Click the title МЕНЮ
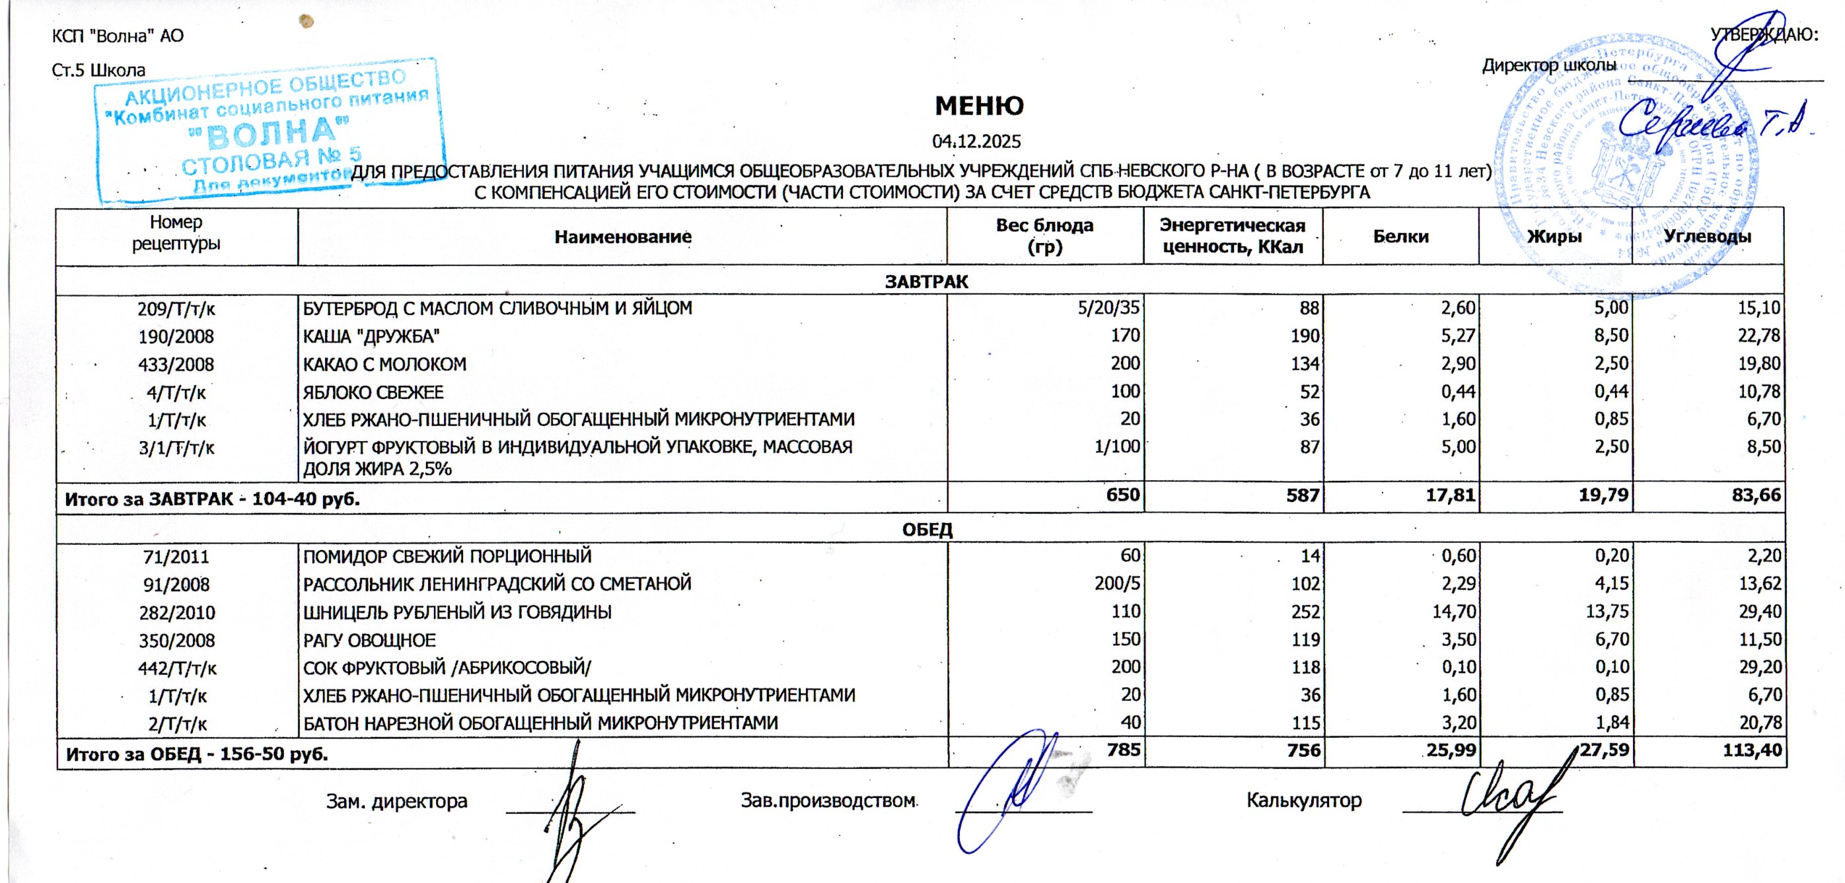[978, 106]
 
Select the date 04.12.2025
[976, 142]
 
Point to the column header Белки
[1400, 237]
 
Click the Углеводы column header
[1707, 237]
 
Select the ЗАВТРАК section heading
[926, 281]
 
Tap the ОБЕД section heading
[926, 530]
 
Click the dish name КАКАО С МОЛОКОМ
[384, 365]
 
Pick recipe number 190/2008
[176, 337]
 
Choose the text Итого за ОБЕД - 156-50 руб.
[197, 754]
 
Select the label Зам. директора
[397, 800]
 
